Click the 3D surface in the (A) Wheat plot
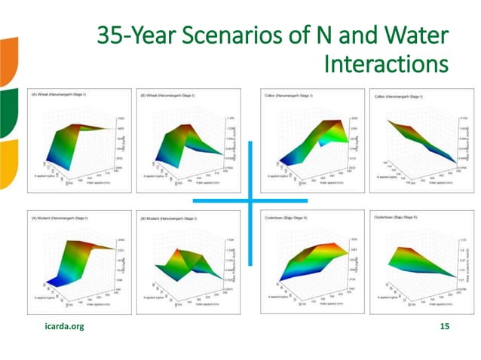(79, 143)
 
